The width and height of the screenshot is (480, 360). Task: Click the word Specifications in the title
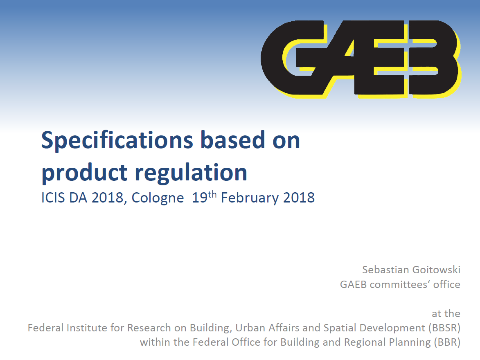(x=117, y=141)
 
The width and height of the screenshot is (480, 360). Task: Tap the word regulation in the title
(x=191, y=173)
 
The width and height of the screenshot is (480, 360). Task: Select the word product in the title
(x=84, y=173)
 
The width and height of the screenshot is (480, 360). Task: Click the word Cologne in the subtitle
(x=158, y=198)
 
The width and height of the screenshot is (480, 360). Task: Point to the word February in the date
(x=250, y=198)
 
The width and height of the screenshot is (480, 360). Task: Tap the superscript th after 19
(x=212, y=194)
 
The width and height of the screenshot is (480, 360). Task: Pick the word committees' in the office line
(x=399, y=284)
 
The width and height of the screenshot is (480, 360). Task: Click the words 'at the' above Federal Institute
(x=446, y=313)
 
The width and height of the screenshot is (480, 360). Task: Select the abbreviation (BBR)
(x=447, y=342)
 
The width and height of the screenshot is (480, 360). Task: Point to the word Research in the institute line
(x=149, y=328)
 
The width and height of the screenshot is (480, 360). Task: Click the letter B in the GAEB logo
(x=435, y=58)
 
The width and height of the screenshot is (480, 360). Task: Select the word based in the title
(x=233, y=141)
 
